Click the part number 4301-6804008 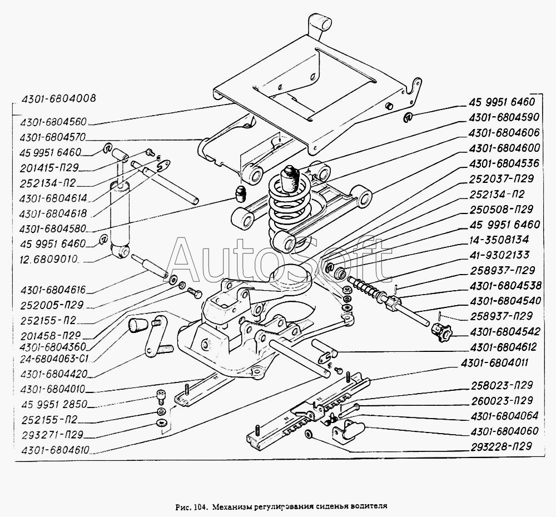click(x=58, y=98)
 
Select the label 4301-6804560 click(x=53, y=122)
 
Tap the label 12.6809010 click(x=49, y=259)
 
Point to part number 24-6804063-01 click(x=54, y=359)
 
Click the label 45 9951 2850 click(x=54, y=404)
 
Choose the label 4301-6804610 click(x=55, y=450)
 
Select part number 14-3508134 click(x=499, y=240)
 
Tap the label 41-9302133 click(x=499, y=255)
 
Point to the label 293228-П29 click(x=502, y=446)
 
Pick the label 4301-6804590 click(x=504, y=117)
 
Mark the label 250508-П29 click(x=501, y=209)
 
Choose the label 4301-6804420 click(x=54, y=374)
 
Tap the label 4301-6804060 click(x=505, y=431)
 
